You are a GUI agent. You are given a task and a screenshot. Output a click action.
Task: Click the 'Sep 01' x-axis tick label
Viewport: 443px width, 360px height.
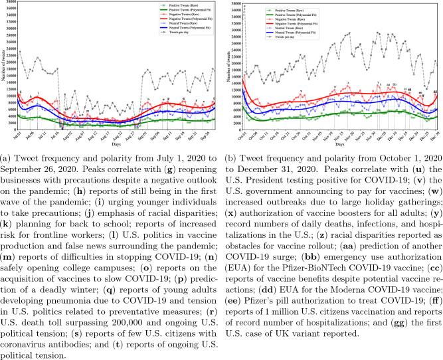(x=143, y=136)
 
